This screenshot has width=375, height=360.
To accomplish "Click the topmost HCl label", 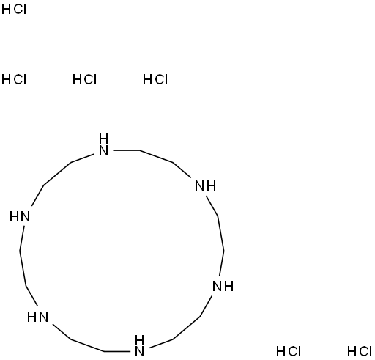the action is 14,10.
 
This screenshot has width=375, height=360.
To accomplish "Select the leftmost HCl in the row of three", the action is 14,80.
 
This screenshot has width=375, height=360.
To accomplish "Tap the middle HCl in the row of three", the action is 85,80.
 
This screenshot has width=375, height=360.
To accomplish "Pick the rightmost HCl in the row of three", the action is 155,80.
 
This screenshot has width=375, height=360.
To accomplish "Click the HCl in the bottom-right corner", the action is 360,351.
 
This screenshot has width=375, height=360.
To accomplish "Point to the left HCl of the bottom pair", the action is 289,351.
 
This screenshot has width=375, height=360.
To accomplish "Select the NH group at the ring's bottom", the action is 139,346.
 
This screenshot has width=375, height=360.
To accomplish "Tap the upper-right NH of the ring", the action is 206,185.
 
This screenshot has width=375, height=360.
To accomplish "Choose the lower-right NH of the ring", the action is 223,286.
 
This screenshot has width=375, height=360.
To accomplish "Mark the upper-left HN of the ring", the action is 20,217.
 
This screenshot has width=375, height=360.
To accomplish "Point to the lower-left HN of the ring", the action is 37,317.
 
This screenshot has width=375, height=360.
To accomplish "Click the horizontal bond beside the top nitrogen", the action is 126,150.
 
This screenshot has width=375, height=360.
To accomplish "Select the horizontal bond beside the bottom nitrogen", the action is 117,351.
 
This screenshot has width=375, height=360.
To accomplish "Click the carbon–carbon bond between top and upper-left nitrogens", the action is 57,174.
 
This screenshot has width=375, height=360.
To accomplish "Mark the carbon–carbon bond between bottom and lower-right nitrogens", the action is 187,328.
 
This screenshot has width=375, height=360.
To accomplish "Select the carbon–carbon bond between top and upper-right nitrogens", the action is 156,156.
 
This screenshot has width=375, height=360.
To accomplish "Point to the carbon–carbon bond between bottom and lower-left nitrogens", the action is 88,345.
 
